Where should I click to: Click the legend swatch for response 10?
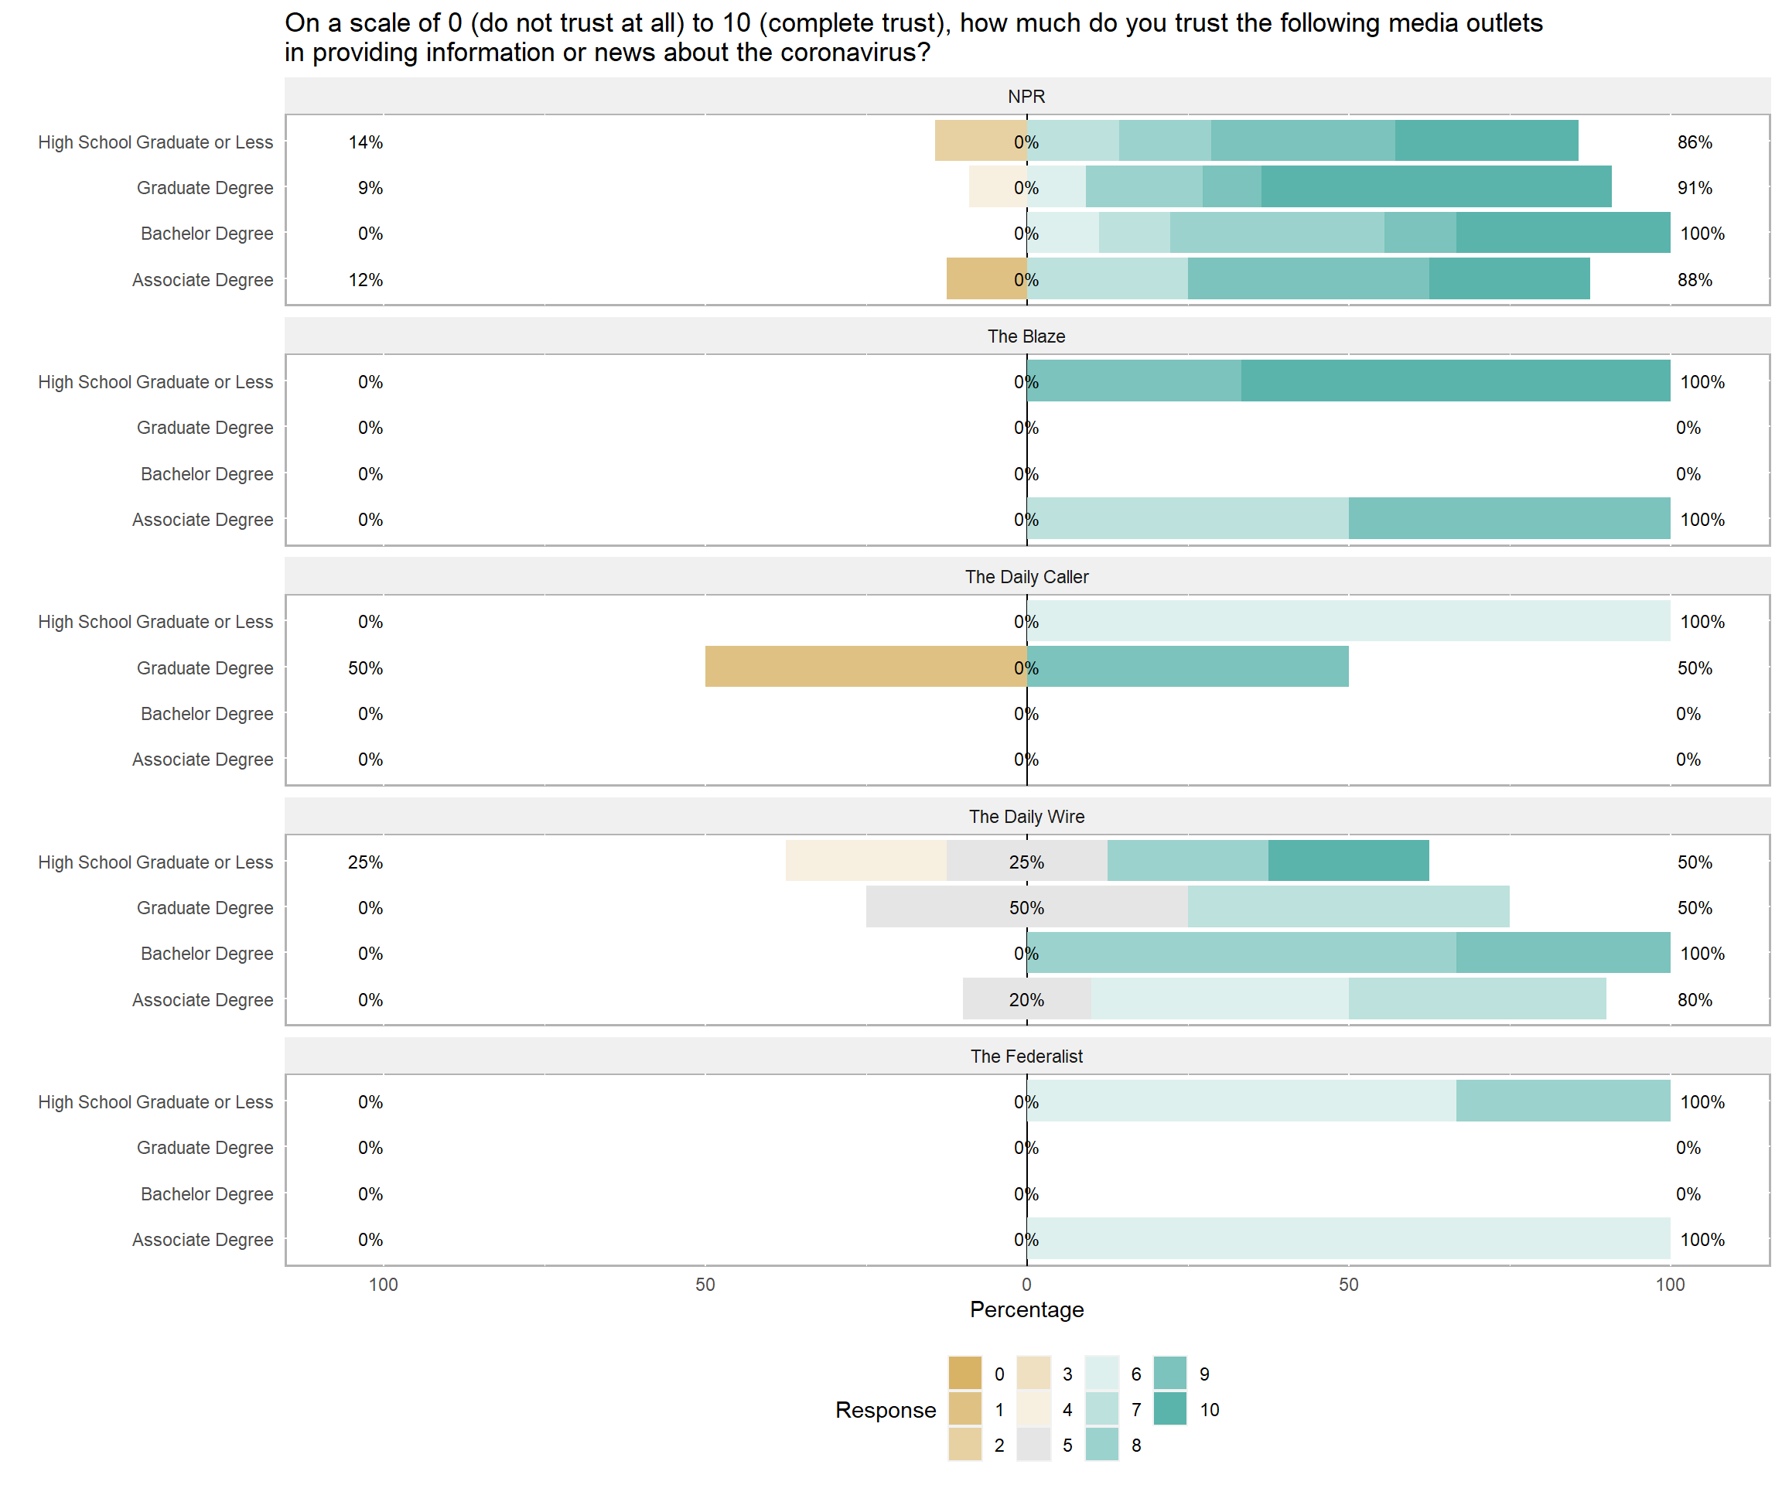(1170, 1409)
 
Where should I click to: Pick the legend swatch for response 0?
(964, 1374)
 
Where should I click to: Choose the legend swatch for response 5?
(1033, 1445)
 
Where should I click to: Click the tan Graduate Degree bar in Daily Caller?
(865, 667)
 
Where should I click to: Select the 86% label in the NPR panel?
(1694, 142)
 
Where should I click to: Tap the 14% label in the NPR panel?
(366, 142)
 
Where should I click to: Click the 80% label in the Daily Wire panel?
(1694, 999)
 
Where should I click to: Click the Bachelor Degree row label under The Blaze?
(207, 473)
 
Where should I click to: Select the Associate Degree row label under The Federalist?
(202, 1240)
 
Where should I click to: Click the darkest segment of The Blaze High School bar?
(1456, 381)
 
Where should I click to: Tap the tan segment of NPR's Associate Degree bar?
(986, 279)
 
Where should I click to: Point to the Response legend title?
(885, 1410)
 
